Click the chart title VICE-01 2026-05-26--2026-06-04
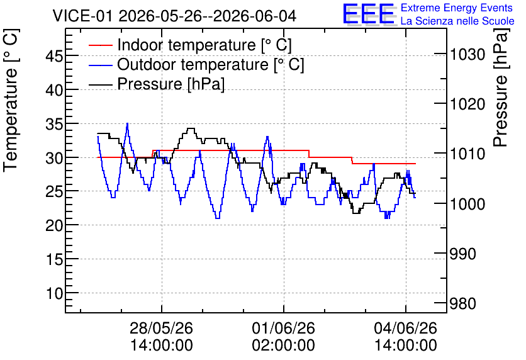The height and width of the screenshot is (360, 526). (x=174, y=16)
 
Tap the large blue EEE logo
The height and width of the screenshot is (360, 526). (x=369, y=14)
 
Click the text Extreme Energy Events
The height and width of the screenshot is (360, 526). (x=457, y=8)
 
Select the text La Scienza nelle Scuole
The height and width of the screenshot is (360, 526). (x=457, y=21)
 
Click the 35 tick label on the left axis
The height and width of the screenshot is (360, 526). (x=54, y=123)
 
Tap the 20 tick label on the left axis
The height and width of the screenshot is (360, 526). (x=54, y=225)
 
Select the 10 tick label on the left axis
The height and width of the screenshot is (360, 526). (x=54, y=293)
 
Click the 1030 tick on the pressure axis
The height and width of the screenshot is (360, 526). (x=467, y=54)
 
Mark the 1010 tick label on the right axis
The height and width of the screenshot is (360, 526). (x=467, y=154)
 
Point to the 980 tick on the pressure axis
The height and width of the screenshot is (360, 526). (x=463, y=303)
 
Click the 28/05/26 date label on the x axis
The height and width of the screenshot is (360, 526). (x=161, y=328)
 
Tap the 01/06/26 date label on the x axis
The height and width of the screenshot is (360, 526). (x=284, y=328)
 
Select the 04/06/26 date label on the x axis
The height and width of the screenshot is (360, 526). (x=406, y=328)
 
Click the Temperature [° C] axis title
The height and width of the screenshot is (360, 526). (x=11, y=100)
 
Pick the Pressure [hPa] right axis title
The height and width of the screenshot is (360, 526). (x=500, y=87)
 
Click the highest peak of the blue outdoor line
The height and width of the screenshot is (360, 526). (x=127, y=123)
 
